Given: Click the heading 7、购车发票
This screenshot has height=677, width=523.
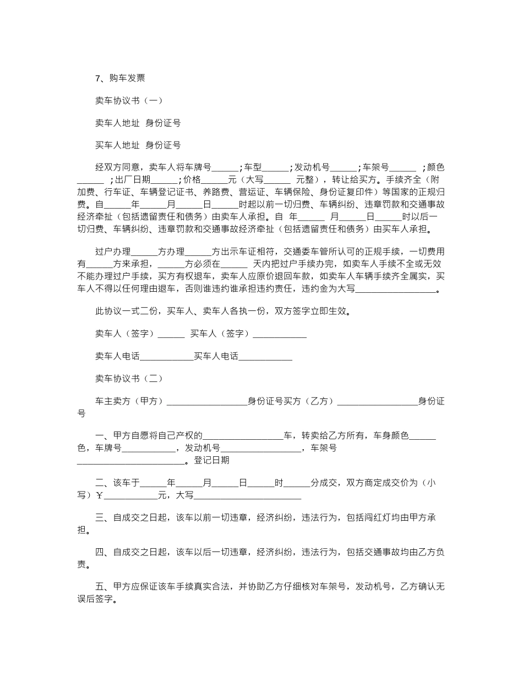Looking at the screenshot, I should [x=120, y=78].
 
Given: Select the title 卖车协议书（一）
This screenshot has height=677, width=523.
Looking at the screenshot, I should [x=129, y=101].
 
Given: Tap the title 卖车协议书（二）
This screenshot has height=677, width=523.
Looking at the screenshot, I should [x=129, y=379].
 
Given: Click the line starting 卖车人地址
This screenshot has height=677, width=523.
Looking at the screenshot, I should [x=138, y=123].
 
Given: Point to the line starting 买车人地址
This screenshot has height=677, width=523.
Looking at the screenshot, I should [x=138, y=145].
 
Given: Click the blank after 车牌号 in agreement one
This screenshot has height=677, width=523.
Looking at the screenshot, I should [x=225, y=168].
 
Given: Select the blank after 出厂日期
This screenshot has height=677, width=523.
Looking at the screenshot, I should [x=164, y=180].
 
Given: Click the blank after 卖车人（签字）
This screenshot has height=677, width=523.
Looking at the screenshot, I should [x=171, y=334].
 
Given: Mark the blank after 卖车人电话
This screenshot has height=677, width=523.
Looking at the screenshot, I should [x=166, y=357].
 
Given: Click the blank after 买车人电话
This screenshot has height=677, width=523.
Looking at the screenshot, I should [x=265, y=357].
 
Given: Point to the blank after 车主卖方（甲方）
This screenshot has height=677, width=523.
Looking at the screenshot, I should [x=206, y=402].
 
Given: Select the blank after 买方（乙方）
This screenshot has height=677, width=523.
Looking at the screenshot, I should [x=377, y=402].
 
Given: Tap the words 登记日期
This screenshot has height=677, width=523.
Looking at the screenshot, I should [x=212, y=460].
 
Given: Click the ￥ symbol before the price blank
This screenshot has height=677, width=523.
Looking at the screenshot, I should [x=100, y=495].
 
